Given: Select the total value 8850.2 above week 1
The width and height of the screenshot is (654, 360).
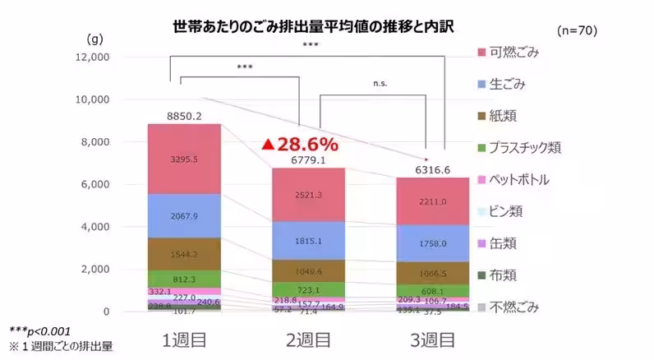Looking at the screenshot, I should click(184, 116).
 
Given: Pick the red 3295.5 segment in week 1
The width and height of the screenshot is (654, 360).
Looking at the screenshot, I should click(184, 158).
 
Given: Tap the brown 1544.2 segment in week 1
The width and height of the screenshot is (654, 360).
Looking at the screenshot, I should click(184, 255).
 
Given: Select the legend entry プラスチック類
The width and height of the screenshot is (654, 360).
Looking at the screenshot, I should click(526, 148).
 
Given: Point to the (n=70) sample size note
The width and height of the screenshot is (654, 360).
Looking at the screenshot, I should click(577, 30).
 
